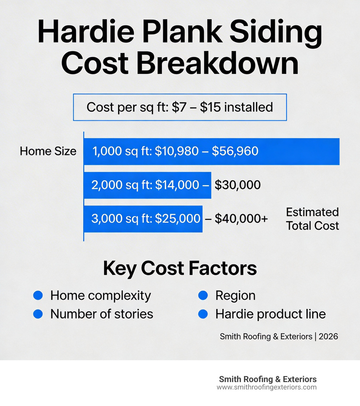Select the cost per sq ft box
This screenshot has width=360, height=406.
click(180, 107)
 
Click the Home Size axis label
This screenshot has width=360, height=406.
click(48, 151)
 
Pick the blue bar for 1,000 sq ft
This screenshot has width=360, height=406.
click(211, 152)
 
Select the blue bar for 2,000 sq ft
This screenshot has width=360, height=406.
click(147, 185)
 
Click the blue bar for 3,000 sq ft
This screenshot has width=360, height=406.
click(143, 219)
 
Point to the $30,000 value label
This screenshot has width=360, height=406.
click(238, 185)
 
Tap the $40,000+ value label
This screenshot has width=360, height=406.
click(241, 219)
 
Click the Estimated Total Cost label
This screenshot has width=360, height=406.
click(312, 219)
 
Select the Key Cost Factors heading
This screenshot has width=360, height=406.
click(180, 269)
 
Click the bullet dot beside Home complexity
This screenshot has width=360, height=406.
click(38, 296)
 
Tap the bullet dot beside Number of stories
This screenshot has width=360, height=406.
click(38, 314)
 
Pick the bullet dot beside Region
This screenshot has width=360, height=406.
click(203, 296)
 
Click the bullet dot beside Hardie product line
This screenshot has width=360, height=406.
click(203, 314)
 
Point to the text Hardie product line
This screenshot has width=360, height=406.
click(270, 314)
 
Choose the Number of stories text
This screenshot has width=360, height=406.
click(102, 314)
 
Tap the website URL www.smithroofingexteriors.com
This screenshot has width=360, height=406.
click(266, 387)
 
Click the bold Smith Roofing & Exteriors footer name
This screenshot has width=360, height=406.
click(268, 379)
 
